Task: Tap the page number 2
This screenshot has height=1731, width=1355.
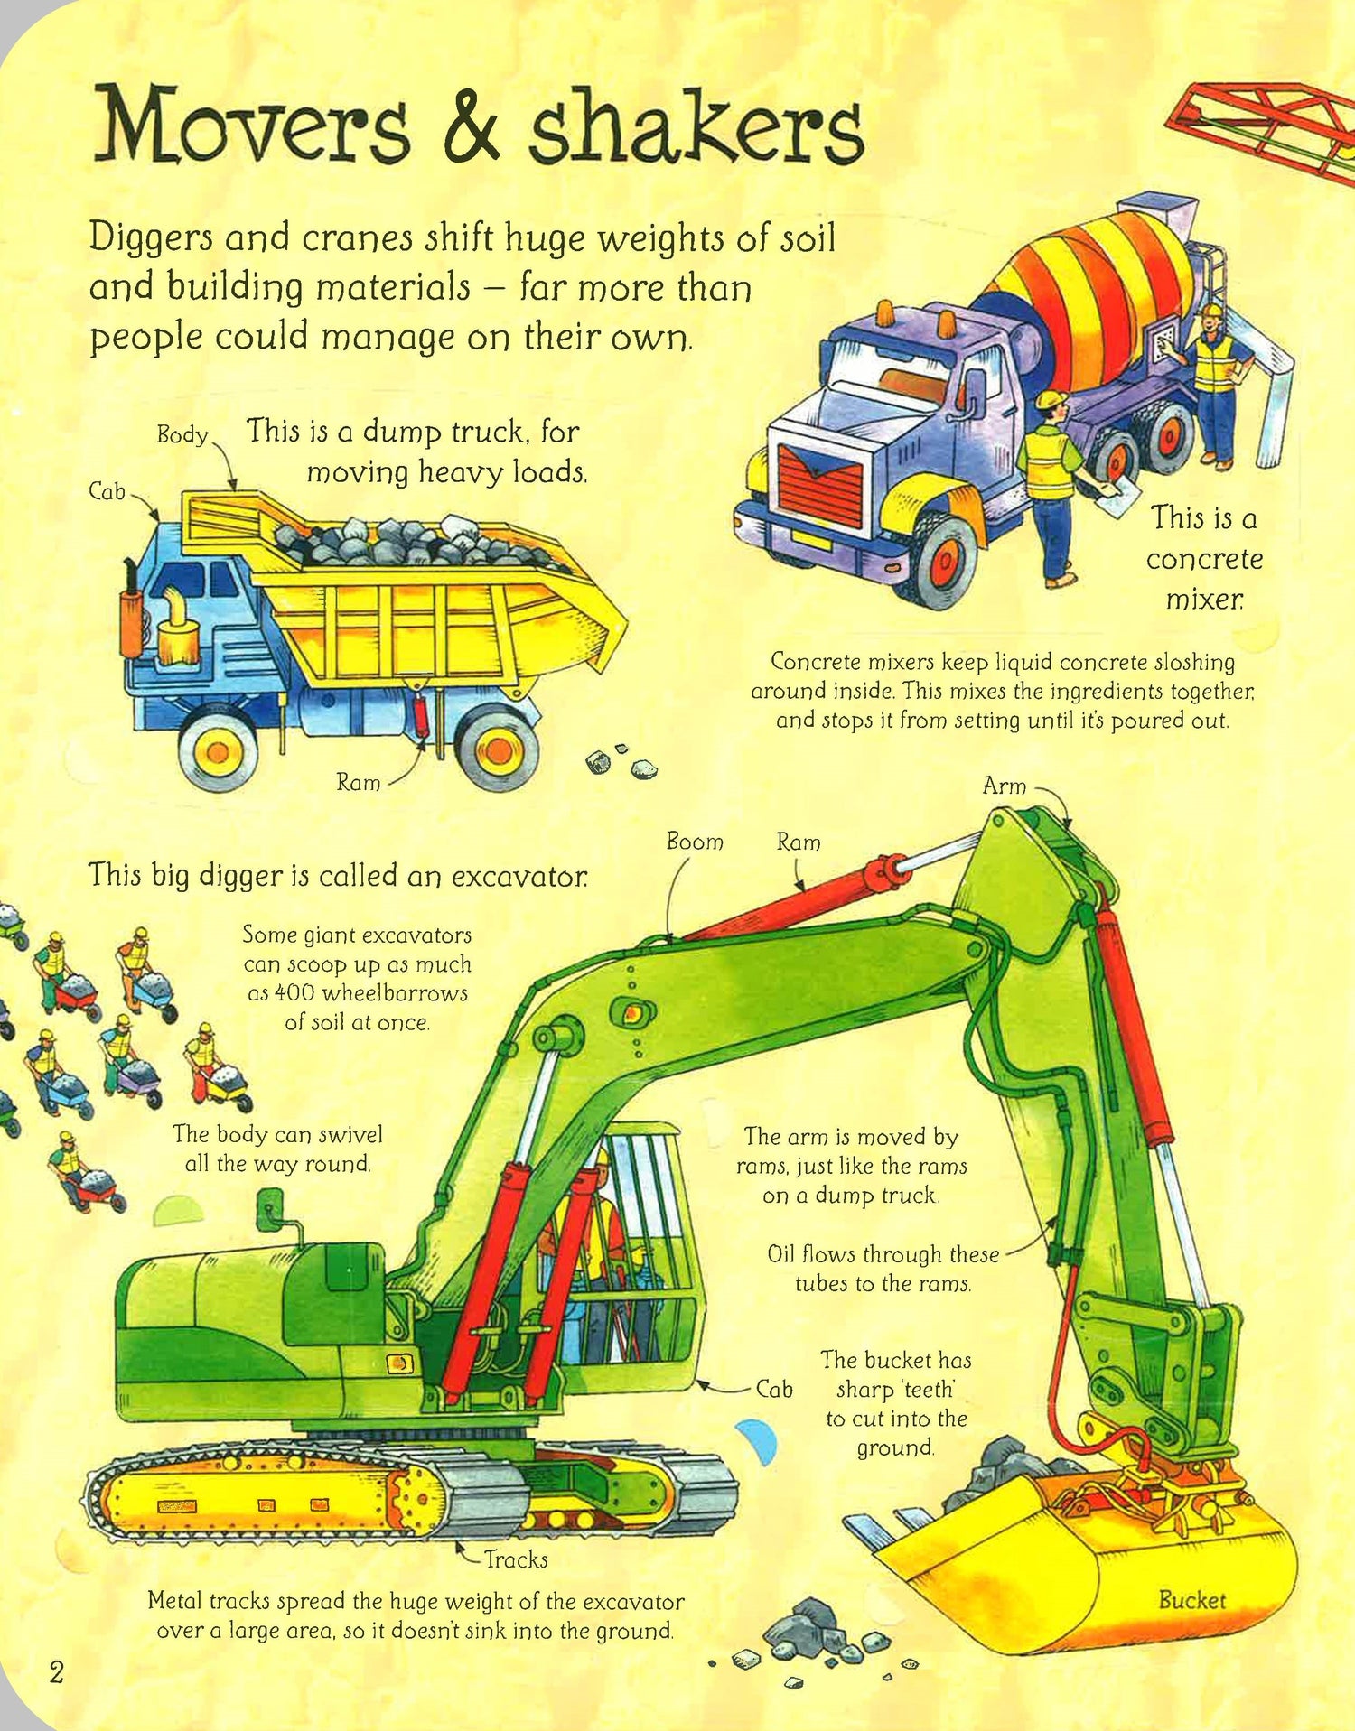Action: (56, 1672)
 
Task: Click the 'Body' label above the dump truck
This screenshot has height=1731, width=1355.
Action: (182, 434)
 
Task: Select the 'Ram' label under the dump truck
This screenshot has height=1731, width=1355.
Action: (359, 782)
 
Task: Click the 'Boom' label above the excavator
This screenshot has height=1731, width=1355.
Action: (695, 842)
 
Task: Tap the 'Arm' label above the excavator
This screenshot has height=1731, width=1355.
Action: (1005, 786)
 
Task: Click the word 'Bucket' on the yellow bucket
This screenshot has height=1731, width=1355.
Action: (1191, 1600)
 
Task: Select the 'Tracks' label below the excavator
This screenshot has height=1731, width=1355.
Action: (516, 1559)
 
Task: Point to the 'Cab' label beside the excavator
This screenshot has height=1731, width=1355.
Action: (774, 1388)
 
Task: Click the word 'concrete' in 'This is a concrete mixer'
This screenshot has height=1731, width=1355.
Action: (1204, 559)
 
